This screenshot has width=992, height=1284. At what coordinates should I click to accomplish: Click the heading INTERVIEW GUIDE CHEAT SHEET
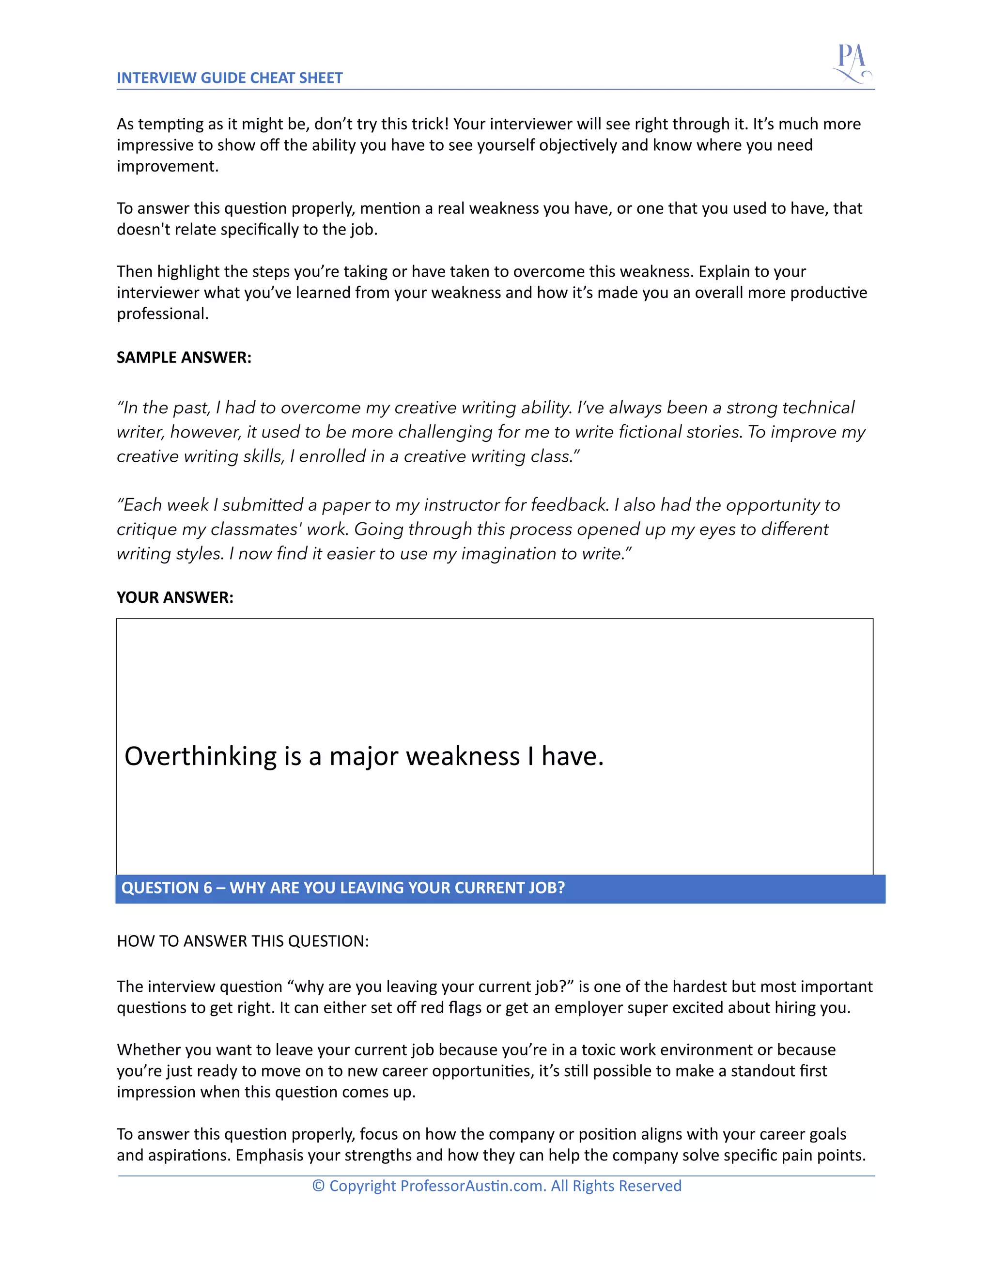(x=229, y=78)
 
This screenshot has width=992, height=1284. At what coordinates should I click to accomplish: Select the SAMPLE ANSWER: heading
(x=184, y=358)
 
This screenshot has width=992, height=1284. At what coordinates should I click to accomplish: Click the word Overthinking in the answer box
(x=200, y=757)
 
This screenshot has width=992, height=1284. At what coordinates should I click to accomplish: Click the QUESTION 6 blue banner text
(x=342, y=888)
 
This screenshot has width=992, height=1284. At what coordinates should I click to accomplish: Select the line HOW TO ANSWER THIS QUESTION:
(x=243, y=941)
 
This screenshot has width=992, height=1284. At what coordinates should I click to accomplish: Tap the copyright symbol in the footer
(x=318, y=1186)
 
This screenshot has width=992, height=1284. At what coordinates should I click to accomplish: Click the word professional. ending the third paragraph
(x=162, y=314)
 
